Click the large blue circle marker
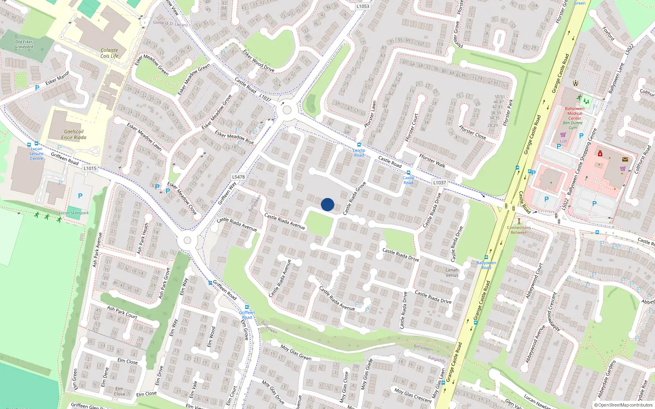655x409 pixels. [327, 204]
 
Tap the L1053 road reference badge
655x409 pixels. [362, 6]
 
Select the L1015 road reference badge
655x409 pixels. [90, 168]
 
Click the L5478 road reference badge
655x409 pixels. [238, 177]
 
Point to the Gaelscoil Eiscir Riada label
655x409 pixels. [74, 135]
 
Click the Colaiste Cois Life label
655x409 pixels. [109, 53]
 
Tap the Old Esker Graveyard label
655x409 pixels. [24, 44]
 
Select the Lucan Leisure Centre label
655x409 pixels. [36, 153]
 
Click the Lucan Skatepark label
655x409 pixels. [74, 213]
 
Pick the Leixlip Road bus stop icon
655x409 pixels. [359, 144]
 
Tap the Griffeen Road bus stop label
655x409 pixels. [247, 315]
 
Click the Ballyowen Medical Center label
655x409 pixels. [575, 113]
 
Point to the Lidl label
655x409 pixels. [564, 141]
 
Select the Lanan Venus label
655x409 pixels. [452, 272]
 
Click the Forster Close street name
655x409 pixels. [472, 132]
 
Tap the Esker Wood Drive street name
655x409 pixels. [258, 61]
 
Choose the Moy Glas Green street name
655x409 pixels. [296, 352]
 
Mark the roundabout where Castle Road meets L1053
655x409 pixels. [287, 110]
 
